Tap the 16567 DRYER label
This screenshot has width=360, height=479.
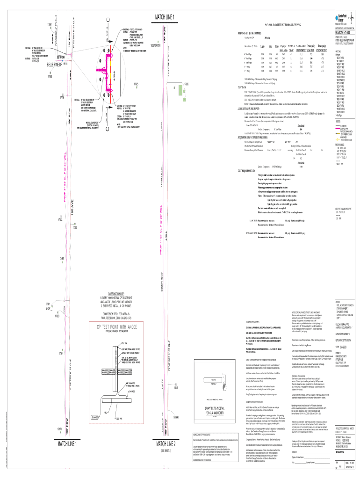155,59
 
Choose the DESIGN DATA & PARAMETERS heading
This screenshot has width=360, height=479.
253,33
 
